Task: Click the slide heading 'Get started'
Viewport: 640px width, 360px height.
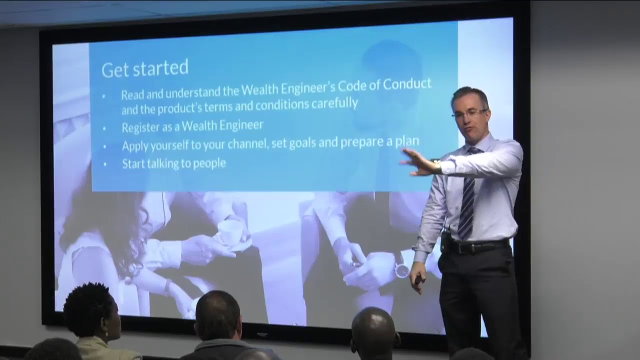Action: click(x=145, y=68)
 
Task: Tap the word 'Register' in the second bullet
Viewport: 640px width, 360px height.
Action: click(x=140, y=126)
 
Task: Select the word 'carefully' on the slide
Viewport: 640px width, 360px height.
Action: click(x=334, y=103)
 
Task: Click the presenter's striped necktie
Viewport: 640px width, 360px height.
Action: click(x=467, y=195)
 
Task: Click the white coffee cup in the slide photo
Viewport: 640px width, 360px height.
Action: click(x=230, y=232)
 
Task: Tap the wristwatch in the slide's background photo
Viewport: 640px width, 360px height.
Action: click(x=402, y=270)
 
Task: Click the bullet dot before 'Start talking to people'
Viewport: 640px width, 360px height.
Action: click(x=104, y=163)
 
